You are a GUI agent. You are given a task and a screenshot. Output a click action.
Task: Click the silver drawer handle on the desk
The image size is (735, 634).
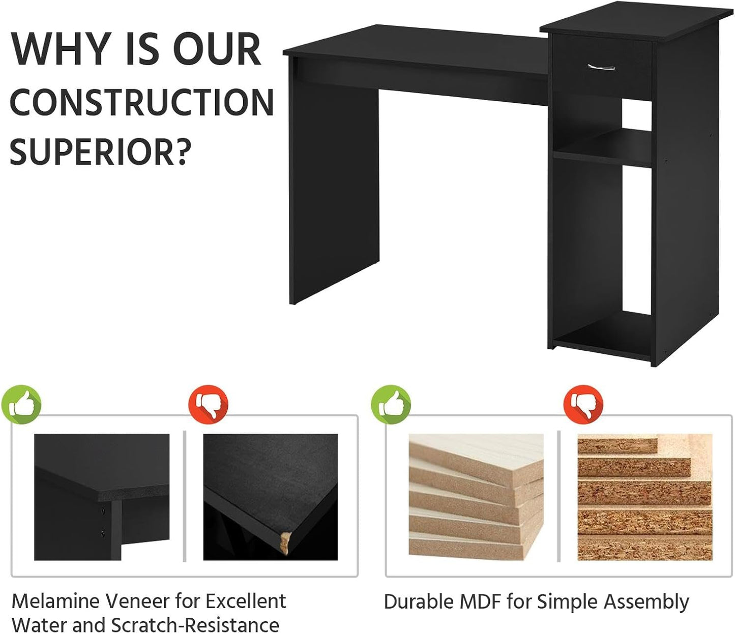(601, 67)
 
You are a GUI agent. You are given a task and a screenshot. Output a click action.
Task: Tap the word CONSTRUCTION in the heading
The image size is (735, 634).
(142, 102)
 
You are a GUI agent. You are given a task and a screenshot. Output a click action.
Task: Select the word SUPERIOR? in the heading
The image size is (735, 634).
(100, 152)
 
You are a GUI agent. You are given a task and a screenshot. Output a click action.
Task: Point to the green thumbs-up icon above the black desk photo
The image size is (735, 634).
(21, 405)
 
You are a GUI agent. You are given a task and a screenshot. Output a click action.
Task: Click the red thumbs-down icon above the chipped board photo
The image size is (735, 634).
(209, 405)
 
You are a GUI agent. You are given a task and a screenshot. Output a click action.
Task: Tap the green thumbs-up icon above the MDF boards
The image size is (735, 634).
(391, 405)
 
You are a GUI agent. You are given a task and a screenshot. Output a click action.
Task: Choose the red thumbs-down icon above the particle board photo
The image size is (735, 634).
(583, 405)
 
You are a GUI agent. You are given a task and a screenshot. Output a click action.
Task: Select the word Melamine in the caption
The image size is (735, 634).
(57, 601)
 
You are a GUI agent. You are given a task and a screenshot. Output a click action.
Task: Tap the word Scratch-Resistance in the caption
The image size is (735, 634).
(195, 625)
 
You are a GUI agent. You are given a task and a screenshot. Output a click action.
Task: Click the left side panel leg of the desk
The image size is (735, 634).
(334, 185)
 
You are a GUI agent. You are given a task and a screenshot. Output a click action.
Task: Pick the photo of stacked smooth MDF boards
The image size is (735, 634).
(476, 497)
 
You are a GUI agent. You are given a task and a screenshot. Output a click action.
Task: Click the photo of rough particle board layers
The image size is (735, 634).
(644, 497)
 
